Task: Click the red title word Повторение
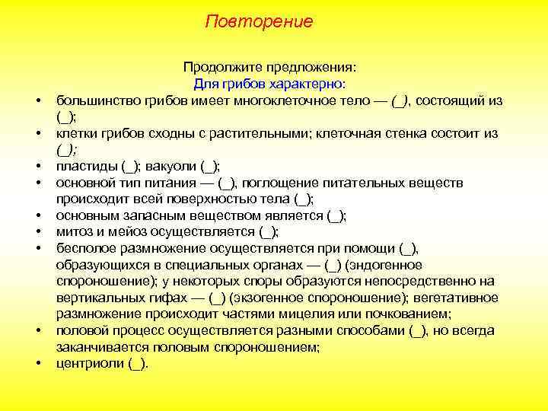[x=259, y=21]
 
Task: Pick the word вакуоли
[x=173, y=167]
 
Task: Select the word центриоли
[x=89, y=363]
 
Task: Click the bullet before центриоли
[x=37, y=363]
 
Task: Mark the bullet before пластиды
[x=37, y=167]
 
